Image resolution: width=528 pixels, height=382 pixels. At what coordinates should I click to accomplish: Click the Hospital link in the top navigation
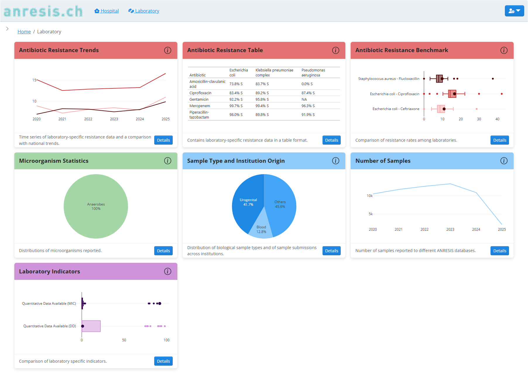107,11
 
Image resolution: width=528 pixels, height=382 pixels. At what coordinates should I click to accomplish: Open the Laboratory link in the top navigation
144,11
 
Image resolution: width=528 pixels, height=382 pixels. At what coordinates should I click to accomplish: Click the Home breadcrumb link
24,32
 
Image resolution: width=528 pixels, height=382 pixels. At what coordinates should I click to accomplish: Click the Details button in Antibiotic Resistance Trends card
163,140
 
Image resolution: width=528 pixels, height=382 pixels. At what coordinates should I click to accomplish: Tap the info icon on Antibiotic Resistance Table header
335,50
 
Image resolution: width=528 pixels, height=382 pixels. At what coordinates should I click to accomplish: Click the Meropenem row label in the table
200,106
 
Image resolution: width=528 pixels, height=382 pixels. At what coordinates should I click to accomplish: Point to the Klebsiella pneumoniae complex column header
274,73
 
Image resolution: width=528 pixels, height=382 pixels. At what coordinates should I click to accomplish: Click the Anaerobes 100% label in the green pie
96,206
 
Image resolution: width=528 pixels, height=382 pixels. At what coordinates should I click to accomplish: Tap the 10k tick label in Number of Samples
369,196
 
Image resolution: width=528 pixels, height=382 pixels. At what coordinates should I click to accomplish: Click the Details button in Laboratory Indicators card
163,361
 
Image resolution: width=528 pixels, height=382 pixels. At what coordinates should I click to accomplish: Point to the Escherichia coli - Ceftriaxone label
396,109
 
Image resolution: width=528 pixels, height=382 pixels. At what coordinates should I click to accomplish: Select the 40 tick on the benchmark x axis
497,119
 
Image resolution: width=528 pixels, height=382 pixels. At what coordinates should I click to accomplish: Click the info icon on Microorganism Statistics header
167,161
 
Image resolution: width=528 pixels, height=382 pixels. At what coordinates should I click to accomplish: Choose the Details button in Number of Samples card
500,251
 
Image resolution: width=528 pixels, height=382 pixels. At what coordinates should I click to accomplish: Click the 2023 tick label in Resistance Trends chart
114,119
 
